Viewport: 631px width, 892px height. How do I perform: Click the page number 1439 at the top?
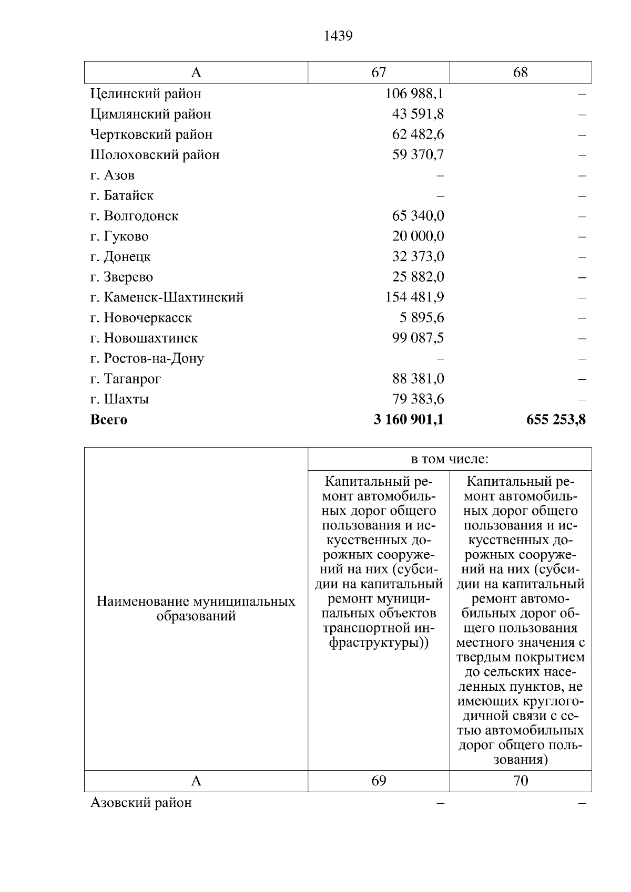pos(338,36)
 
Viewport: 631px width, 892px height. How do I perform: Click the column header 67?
pos(379,72)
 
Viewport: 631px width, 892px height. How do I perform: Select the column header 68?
pos(520,72)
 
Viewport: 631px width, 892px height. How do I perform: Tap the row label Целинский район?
pos(146,94)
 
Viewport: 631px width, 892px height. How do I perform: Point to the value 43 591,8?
pos(418,114)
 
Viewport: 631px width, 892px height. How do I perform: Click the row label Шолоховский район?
pos(155,155)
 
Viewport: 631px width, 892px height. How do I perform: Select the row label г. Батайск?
pos(122,195)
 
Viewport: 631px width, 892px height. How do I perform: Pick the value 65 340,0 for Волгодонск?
pos(418,216)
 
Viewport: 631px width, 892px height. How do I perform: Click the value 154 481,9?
pos(414,297)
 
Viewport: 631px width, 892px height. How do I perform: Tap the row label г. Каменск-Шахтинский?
pos(167,297)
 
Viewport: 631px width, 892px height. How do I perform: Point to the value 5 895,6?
pos(421,318)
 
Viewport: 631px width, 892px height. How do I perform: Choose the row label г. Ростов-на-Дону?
pos(147,359)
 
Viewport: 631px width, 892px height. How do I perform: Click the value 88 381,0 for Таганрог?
pos(418,379)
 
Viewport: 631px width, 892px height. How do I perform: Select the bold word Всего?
pos(109,420)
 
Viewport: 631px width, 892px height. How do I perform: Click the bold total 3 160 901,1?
pos(408,420)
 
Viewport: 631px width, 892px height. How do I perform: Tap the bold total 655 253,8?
pos(555,420)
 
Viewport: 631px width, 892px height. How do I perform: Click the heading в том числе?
pos(450,459)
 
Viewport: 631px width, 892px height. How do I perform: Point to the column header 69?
pos(379,781)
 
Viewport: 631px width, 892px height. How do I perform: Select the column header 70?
pos(520,781)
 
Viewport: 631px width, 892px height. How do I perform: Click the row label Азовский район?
pos(141,803)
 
